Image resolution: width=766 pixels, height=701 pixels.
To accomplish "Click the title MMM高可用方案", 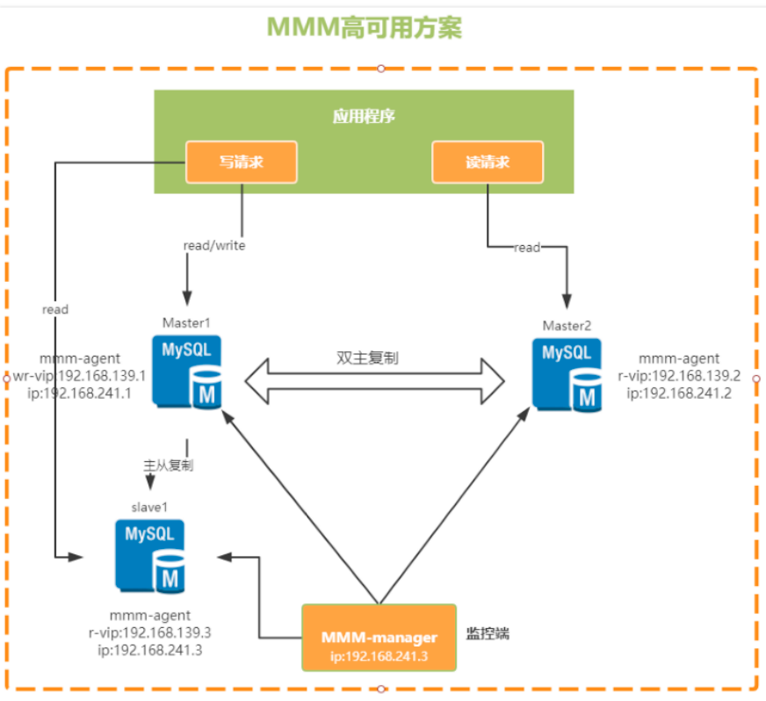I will point(365,27).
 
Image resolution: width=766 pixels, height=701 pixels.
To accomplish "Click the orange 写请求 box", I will point(242,163).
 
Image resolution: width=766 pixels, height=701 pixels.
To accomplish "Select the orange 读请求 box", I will point(488,163).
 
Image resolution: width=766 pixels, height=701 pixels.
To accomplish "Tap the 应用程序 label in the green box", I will point(364,116).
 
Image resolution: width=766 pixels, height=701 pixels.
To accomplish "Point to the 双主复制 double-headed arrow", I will point(375,379).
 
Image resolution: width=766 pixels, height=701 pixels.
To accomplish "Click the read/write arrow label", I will point(214,246).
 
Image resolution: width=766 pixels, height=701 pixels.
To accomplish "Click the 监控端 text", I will point(488,633).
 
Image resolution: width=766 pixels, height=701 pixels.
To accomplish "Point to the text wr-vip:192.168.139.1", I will point(80,376).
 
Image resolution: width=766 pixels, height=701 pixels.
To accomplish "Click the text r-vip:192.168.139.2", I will point(678,375).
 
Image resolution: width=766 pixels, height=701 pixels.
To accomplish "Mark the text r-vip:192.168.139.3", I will point(149,632).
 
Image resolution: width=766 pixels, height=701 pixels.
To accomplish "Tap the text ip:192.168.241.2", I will point(679,393).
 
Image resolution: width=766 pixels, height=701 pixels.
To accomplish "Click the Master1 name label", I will point(186,324).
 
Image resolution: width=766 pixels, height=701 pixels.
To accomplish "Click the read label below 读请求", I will point(527,248).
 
